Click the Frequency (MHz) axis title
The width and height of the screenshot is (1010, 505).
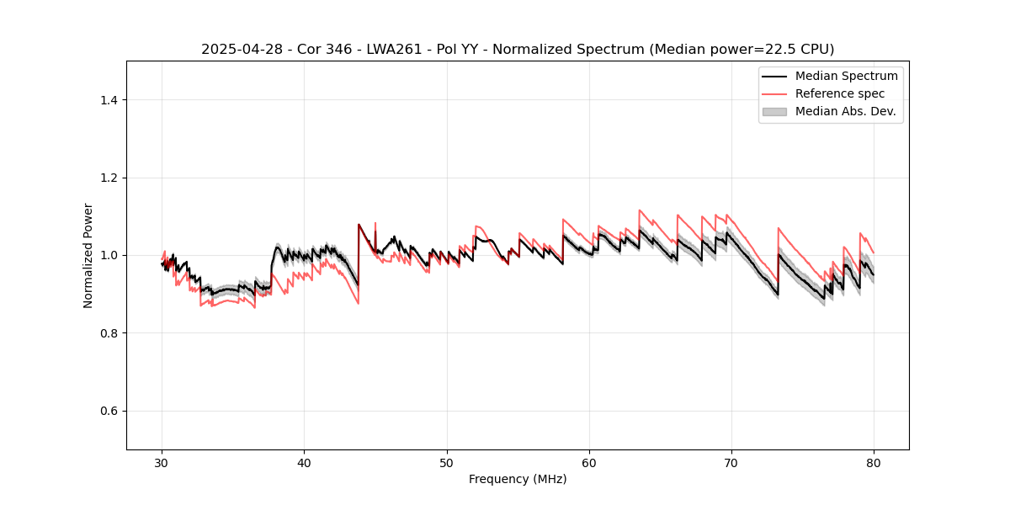click(x=518, y=479)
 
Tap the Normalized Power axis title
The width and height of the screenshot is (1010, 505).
click(x=88, y=255)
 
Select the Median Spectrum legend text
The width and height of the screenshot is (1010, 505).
click(x=846, y=76)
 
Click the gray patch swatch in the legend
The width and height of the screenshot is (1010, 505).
click(x=774, y=111)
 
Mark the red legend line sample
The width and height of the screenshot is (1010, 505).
click(x=774, y=93)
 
